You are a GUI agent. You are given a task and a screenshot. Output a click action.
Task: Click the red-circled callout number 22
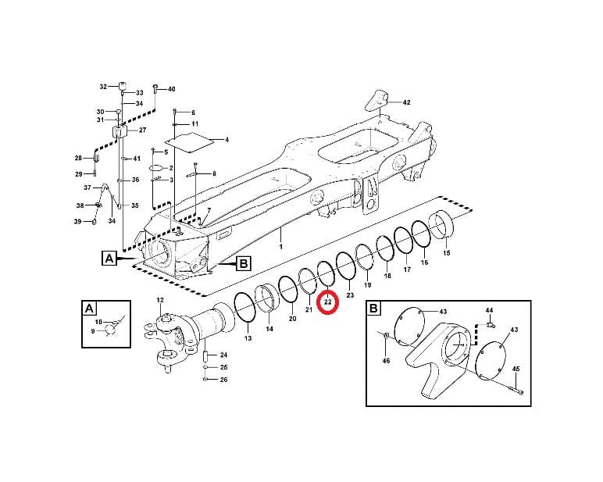point(327,302)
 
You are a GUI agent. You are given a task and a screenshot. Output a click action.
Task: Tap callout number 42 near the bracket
point(406,102)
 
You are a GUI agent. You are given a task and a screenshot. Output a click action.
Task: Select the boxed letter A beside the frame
point(109,258)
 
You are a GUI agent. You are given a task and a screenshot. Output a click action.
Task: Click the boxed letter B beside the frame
point(244,264)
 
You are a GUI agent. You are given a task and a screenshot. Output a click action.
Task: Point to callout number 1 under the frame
point(280,246)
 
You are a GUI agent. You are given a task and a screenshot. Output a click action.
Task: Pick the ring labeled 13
point(245,308)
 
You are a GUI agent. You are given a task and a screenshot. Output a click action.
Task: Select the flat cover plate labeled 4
point(191,143)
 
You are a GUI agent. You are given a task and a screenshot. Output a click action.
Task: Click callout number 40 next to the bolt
point(171,89)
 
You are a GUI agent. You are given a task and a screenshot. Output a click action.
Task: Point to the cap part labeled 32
point(123,86)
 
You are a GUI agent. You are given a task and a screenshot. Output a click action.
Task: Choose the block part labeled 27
point(120,131)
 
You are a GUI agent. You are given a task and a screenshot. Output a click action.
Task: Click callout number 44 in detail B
point(489,310)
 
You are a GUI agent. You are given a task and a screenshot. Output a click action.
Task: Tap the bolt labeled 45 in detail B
point(516,391)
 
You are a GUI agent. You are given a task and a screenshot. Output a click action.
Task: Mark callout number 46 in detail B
point(386,360)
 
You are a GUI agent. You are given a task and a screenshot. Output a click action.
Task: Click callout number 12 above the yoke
point(160,300)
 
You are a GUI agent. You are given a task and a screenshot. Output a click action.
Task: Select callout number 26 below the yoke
point(223,380)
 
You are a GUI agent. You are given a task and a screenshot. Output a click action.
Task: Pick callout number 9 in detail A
point(93,330)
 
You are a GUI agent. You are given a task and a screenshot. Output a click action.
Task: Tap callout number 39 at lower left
point(77,221)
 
